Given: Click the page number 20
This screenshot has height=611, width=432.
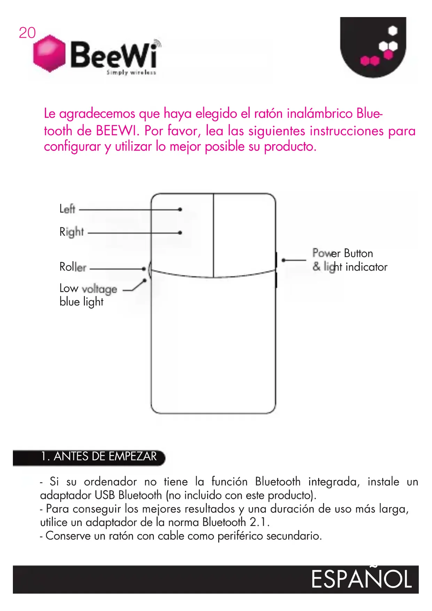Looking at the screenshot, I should tap(27, 33).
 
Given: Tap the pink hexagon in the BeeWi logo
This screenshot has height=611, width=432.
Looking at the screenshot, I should tap(49, 53).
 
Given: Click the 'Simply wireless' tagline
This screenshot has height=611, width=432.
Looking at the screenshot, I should tap(131, 72).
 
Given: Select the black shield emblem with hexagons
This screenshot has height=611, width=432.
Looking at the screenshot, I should tap(373, 47).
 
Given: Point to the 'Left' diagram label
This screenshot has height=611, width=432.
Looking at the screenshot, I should tap(67, 209).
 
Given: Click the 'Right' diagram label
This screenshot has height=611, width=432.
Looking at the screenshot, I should tap(72, 232).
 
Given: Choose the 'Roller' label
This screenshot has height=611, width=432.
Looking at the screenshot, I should tap(73, 267).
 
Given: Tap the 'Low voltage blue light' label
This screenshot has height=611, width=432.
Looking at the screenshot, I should tap(88, 295).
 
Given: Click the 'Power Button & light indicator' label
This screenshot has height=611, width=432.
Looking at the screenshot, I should tap(349, 260).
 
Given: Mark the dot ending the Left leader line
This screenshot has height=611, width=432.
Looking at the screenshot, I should tap(180, 209).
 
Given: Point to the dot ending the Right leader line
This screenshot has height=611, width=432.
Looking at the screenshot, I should tap(180, 232).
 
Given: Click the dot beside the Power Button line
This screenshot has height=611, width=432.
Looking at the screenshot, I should tap(284, 260).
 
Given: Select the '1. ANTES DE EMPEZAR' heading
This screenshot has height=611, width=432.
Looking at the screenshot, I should tap(99, 456).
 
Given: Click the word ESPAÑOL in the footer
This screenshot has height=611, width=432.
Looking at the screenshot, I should tap(361, 579).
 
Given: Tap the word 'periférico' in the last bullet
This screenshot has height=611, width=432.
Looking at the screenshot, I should tap(240, 536).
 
